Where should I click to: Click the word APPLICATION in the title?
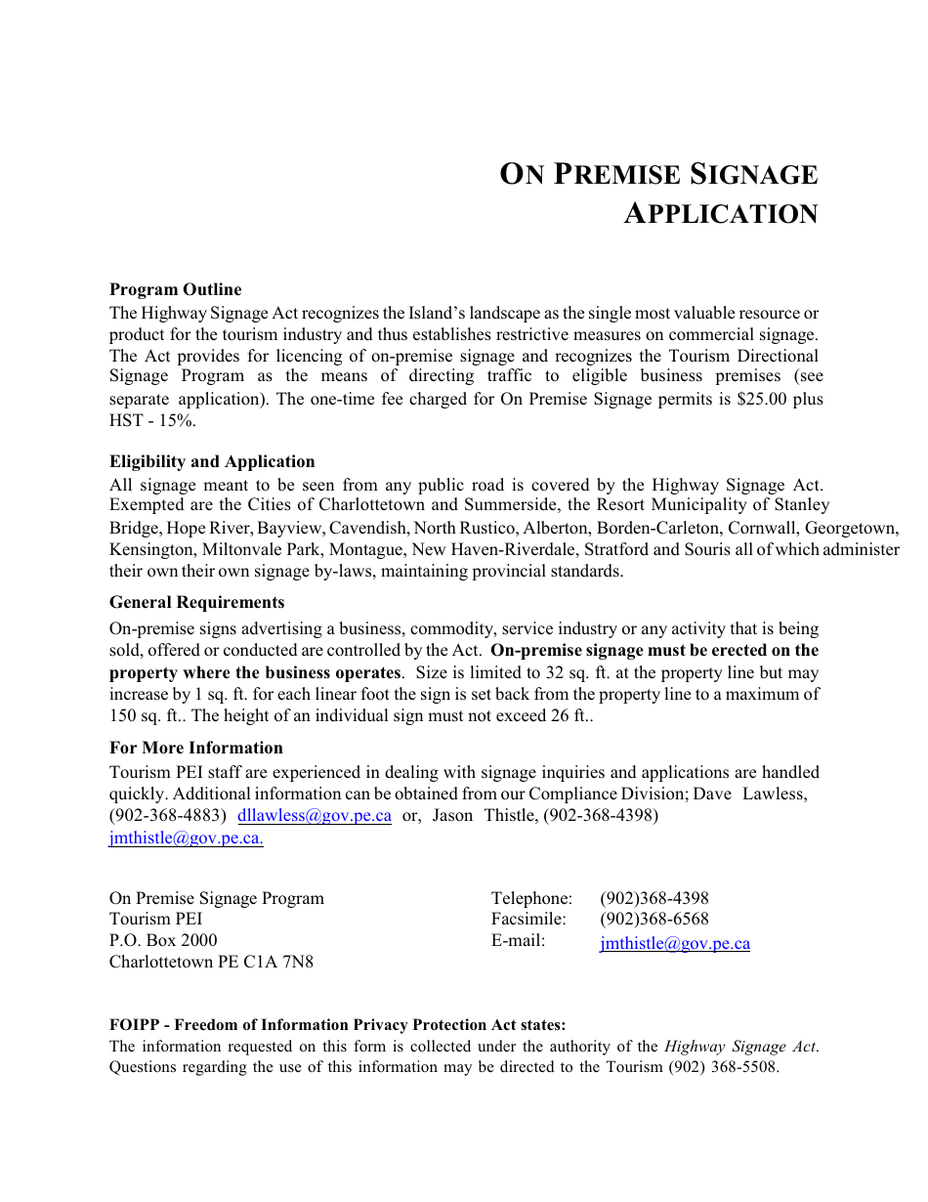(721, 214)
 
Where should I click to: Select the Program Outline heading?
(175, 289)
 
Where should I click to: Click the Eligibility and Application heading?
(212, 461)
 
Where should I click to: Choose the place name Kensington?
(151, 549)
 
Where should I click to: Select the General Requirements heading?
(196, 602)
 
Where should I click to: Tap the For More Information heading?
(195, 748)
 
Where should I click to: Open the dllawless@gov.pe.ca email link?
(315, 816)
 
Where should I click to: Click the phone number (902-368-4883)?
(168, 816)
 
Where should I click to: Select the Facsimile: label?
(528, 920)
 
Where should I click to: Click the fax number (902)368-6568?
(654, 920)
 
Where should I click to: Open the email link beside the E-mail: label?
(674, 944)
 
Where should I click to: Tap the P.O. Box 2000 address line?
(163, 940)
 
